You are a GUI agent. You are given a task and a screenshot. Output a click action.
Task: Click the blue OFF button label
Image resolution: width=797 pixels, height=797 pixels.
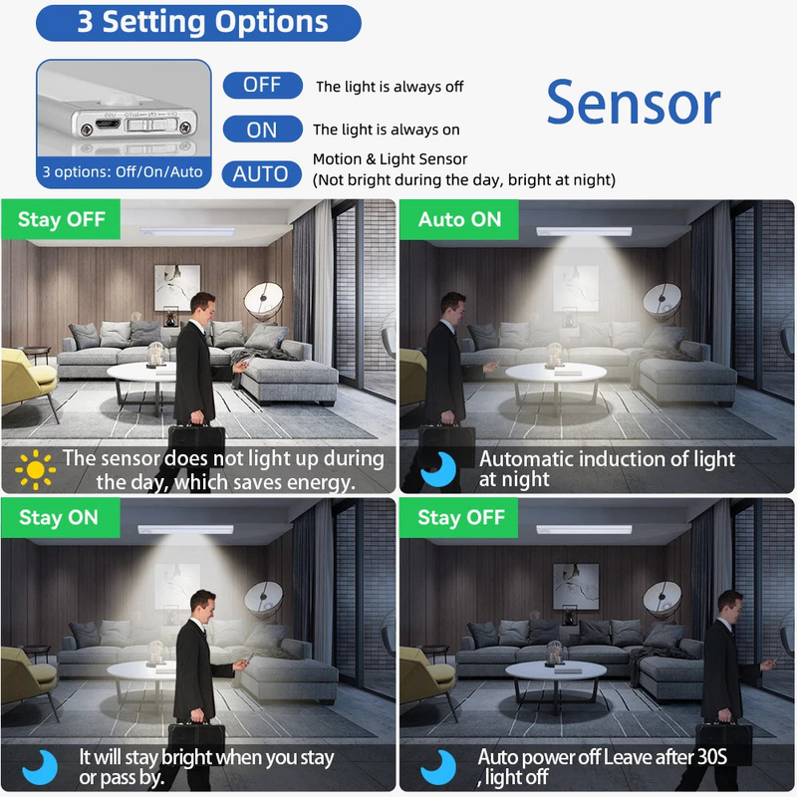(x=262, y=85)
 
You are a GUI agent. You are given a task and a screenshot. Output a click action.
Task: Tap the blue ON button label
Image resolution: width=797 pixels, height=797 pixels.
(x=262, y=129)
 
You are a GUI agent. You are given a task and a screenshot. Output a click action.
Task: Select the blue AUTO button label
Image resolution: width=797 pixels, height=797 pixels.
(x=260, y=173)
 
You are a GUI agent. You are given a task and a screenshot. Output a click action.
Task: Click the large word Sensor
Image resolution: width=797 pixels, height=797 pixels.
(x=633, y=104)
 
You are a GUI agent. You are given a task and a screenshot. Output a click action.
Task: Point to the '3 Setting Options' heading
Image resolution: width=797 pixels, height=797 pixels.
(x=199, y=22)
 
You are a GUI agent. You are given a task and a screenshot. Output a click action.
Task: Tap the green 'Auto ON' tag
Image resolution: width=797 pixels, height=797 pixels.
(x=459, y=219)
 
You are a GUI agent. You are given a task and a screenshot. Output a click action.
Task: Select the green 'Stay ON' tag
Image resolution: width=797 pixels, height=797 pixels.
(x=59, y=517)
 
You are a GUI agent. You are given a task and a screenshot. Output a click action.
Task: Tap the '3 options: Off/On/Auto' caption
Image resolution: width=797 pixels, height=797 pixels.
(x=123, y=171)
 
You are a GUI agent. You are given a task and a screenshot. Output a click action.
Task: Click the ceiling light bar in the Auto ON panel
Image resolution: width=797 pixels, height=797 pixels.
(x=584, y=231)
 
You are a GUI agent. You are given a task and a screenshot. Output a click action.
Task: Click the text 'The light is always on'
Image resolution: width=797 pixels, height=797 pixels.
(x=387, y=130)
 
